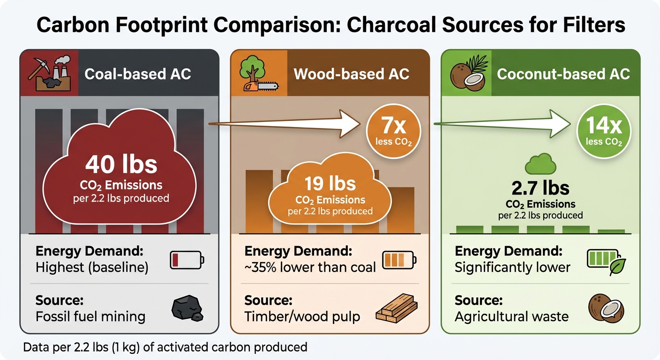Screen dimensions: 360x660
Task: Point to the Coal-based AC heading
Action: pos(138,74)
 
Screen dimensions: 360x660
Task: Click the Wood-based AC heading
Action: pos(351,74)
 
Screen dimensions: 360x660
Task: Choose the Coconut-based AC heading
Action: pos(563,74)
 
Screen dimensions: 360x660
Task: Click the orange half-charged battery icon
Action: pos(398,259)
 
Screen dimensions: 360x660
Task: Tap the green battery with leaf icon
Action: pos(606,261)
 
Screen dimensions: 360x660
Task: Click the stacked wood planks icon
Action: pos(396,308)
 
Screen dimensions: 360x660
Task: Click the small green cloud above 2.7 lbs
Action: pos(540,165)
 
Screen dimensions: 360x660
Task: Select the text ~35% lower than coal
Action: pos(310,267)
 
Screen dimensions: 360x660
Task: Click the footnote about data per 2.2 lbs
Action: pos(165,347)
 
